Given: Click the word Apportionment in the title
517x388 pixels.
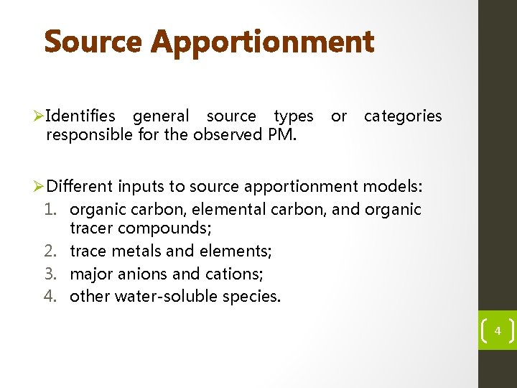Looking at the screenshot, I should [263, 42].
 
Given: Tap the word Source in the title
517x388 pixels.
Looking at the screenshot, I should [94, 42].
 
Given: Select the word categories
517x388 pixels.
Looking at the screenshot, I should [403, 116].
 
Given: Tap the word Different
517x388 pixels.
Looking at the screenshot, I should [80, 188].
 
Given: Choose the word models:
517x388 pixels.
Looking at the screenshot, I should [393, 188].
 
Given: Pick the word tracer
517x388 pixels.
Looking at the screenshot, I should [91, 228].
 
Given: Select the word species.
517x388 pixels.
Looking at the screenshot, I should [252, 296].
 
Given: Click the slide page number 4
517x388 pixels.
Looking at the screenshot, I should [498, 332].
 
